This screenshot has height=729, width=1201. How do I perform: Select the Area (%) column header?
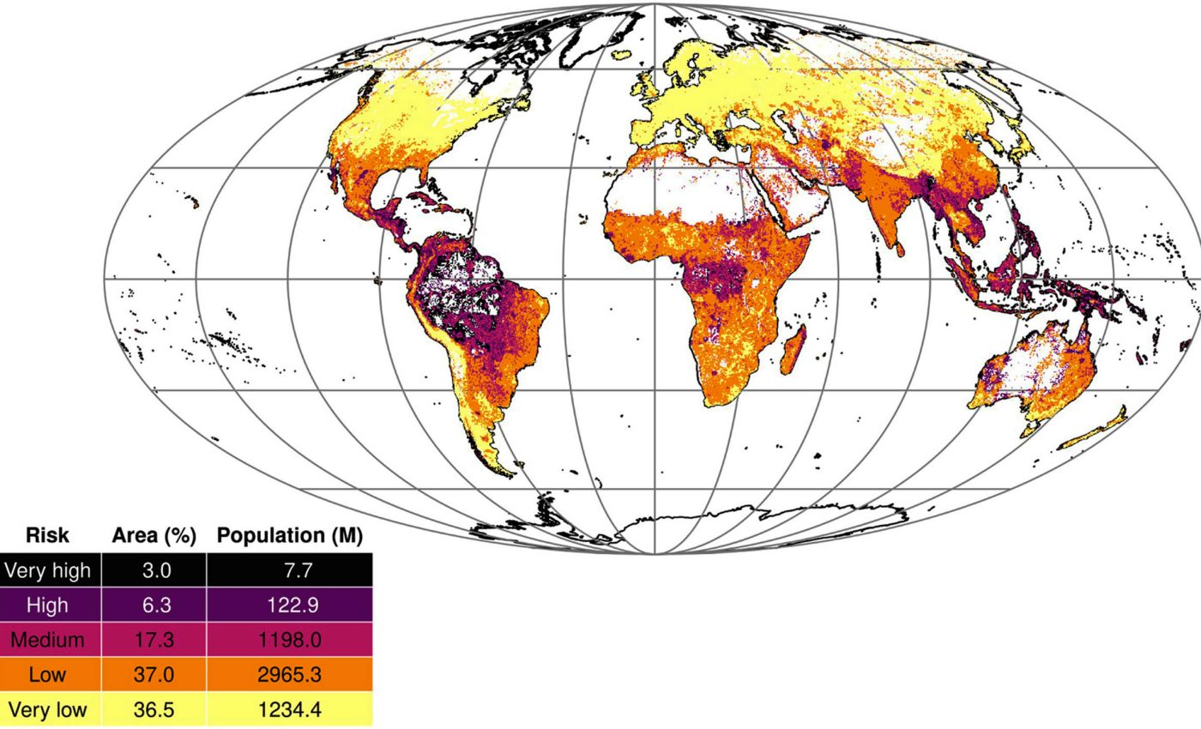[154, 536]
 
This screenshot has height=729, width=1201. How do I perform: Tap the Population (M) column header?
[290, 536]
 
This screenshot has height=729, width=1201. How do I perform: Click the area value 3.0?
[155, 570]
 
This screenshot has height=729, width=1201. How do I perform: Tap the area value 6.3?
[155, 605]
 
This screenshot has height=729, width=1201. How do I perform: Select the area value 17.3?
[155, 640]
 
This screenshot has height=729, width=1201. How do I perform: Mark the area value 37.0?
[155, 675]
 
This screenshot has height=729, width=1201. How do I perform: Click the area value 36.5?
[155, 710]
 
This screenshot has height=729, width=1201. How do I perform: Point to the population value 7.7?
[290, 570]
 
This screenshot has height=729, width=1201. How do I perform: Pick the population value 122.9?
[290, 605]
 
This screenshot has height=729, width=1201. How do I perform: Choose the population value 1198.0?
[290, 640]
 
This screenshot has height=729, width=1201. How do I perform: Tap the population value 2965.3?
[290, 675]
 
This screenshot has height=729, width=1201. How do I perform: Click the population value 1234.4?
[290, 710]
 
